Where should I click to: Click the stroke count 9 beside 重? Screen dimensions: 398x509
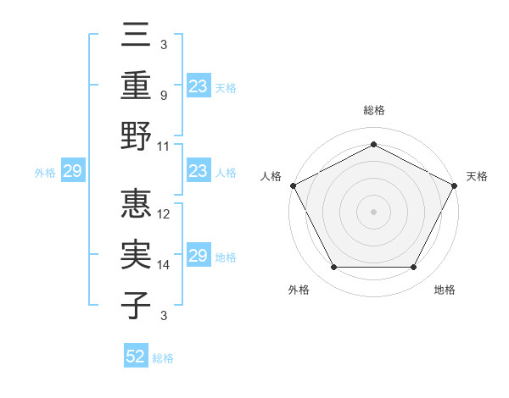click(x=163, y=96)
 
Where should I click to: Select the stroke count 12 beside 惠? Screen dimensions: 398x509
click(x=165, y=215)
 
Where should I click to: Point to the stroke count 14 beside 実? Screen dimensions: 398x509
click(x=165, y=265)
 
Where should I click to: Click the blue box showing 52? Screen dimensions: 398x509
click(x=136, y=357)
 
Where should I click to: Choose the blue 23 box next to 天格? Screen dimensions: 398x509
click(x=199, y=86)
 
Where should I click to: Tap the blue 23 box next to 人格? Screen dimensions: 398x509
click(x=199, y=172)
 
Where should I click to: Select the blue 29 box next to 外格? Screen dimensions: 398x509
click(x=72, y=172)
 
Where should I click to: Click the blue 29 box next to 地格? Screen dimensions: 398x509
click(x=199, y=256)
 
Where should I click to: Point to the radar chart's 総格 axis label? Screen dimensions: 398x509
click(x=373, y=110)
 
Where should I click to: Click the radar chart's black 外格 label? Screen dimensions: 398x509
click(x=299, y=290)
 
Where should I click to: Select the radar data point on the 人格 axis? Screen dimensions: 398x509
click(x=292, y=185)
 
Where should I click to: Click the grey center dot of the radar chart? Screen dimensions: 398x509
click(x=373, y=211)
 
